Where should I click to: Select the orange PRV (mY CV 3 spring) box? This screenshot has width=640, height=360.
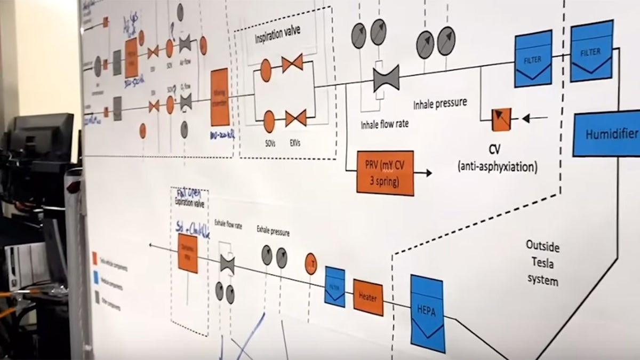point(385,172)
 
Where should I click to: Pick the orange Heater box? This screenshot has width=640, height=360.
point(368,297)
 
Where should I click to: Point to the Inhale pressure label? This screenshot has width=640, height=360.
point(440,102)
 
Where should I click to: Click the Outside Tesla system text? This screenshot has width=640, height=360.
point(543,262)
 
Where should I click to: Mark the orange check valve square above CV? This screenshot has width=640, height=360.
point(501,119)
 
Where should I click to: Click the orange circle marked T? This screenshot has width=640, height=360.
point(311,263)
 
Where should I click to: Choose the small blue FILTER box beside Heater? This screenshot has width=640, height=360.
point(335,286)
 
